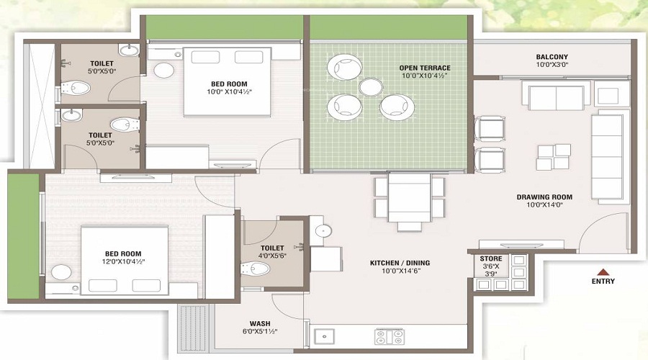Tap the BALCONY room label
tap(552, 58)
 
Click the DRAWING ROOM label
tap(544, 197)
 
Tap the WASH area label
tap(260, 323)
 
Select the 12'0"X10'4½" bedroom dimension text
tap(123, 263)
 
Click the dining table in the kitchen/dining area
tap(409, 197)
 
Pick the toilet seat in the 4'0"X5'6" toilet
tap(258, 269)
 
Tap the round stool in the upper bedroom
tap(164, 70)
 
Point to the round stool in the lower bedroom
tap(61, 272)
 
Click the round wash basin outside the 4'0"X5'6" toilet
tap(323, 231)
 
